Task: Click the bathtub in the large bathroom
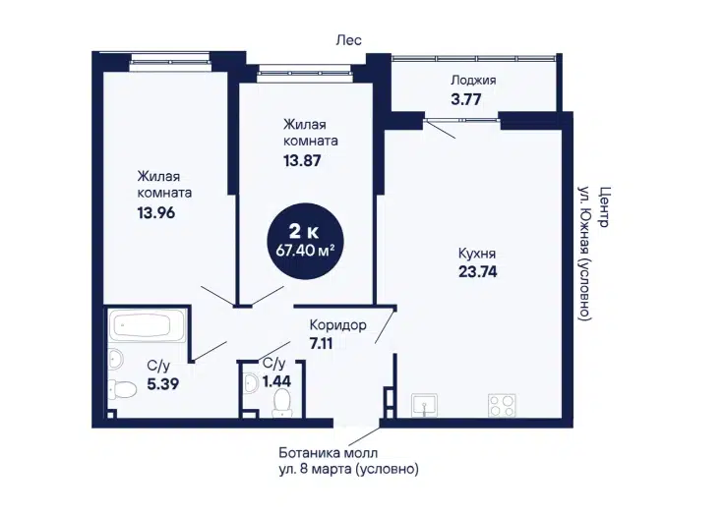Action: pos(147,325)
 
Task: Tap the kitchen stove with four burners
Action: pos(502,405)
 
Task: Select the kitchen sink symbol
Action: pos(424,405)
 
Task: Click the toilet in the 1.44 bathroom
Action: pos(281,403)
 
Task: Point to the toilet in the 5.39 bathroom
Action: pos(122,389)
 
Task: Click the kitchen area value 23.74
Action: pos(477,271)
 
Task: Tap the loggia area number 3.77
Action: pos(466,99)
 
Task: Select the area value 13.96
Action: pos(156,213)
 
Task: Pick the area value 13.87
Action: pos(302,161)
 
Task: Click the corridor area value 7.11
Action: pos(321,343)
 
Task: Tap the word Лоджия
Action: pos(473,81)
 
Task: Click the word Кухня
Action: pos(477,254)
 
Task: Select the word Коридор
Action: pos(338,325)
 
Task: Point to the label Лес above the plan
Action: pos(348,40)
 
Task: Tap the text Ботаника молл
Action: pos(328,453)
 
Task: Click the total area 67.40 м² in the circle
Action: pos(305,251)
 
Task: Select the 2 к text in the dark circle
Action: pos(303,230)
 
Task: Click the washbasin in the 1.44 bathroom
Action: pos(251,383)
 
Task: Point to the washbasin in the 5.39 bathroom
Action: pos(116,359)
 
